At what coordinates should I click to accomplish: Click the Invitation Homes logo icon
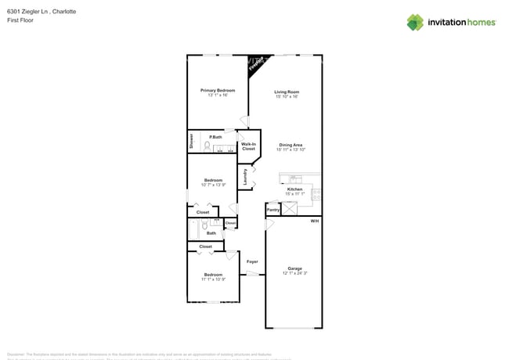(415, 23)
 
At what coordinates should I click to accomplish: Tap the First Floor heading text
(19, 20)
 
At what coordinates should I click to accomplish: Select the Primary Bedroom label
(217, 91)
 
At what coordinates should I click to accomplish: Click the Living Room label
(286, 92)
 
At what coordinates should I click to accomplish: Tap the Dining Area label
(291, 145)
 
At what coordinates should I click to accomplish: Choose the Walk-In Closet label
(248, 146)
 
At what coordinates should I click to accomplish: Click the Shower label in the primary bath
(191, 141)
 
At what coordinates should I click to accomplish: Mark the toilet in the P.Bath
(208, 146)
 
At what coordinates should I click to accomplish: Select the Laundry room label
(245, 176)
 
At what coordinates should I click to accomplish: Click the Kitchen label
(294, 189)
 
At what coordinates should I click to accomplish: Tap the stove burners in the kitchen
(316, 194)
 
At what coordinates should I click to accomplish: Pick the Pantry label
(273, 210)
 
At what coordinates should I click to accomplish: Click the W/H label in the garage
(314, 221)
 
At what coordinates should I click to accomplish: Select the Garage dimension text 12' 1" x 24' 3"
(294, 273)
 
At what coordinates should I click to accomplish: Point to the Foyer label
(252, 261)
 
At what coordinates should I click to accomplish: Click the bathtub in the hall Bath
(193, 229)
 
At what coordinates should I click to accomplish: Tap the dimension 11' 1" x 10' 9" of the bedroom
(213, 279)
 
